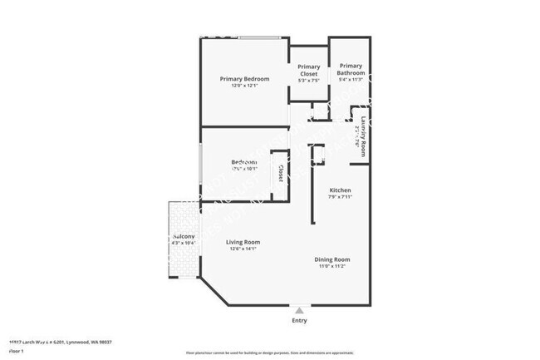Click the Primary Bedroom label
coord(244,79)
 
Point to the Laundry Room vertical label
coord(363,136)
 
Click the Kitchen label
coord(340,190)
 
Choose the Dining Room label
coord(336,259)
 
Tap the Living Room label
coord(243,242)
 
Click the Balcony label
coord(184,237)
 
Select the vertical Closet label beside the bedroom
coord(281,174)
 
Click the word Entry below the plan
coord(299,320)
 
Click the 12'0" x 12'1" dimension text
coord(244,86)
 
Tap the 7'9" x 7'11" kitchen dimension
coord(340,197)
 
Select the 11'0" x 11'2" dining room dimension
coord(336,266)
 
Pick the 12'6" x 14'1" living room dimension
coord(243,249)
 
